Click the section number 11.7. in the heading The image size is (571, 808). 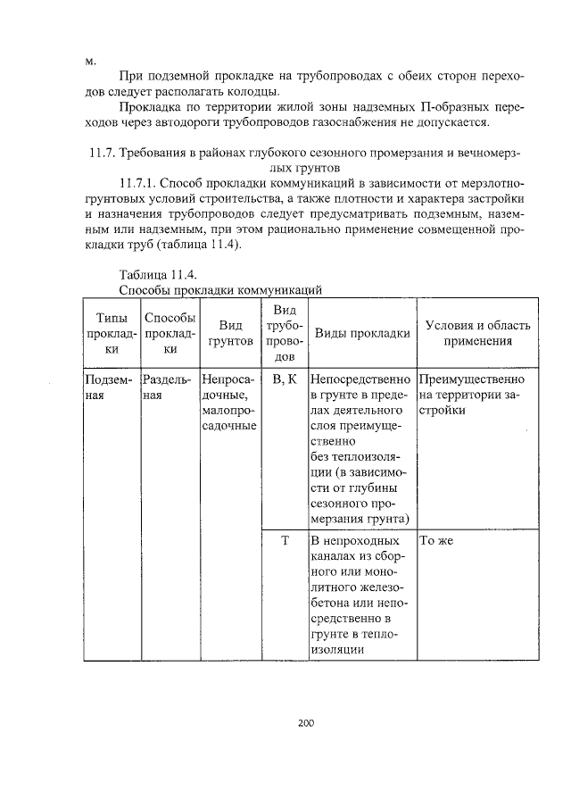coord(105,153)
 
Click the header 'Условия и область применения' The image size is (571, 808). coord(477,333)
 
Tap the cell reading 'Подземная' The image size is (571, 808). coord(108,387)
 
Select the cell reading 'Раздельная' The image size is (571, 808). coord(166,387)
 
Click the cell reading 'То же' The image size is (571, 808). coord(438,540)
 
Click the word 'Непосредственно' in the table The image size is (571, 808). coord(360,379)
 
